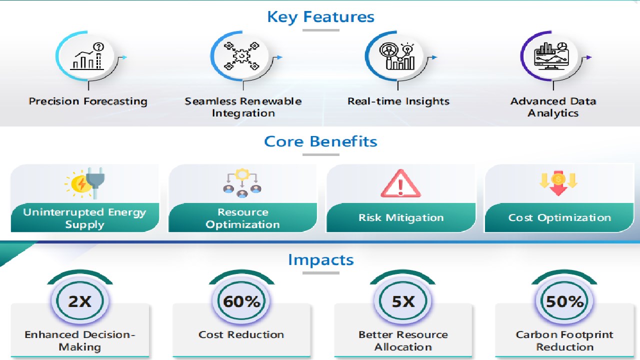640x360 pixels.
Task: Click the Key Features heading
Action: [x=320, y=17]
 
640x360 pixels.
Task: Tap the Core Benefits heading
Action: [x=320, y=141]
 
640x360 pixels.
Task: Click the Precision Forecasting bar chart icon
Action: [x=87, y=56]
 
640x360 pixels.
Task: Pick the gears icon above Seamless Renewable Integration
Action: [x=241, y=56]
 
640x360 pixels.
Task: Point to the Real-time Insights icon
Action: [x=397, y=56]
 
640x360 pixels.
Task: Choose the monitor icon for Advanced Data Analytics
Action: [x=551, y=56]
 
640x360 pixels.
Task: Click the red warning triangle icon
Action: [x=400, y=183]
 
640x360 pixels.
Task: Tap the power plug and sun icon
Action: [x=85, y=183]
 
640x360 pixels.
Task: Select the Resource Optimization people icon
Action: [x=242, y=183]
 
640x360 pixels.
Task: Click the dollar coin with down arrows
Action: [x=558, y=183]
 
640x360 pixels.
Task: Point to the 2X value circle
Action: [x=80, y=300]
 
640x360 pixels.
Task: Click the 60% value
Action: [x=241, y=301]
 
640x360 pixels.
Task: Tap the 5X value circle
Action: [x=403, y=300]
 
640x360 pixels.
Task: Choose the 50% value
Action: [x=565, y=301]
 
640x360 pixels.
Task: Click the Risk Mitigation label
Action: [x=401, y=217]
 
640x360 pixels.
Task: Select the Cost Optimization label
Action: [x=559, y=217]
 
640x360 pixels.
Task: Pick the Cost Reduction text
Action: [x=241, y=334]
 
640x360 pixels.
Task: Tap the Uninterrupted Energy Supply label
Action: [x=84, y=218]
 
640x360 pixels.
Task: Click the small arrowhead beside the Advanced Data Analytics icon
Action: [x=589, y=57]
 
